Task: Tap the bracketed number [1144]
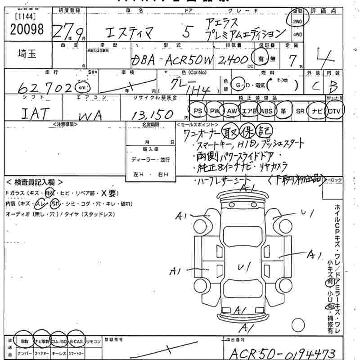[x=22, y=17]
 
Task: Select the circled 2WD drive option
[x=297, y=21]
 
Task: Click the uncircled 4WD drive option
[x=297, y=34]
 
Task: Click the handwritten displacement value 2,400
[x=233, y=60]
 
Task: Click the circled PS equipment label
[x=197, y=111]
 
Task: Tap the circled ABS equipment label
[x=266, y=111]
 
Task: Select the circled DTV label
[x=334, y=111]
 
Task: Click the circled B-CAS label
[x=76, y=342]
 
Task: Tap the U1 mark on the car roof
[x=244, y=267]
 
